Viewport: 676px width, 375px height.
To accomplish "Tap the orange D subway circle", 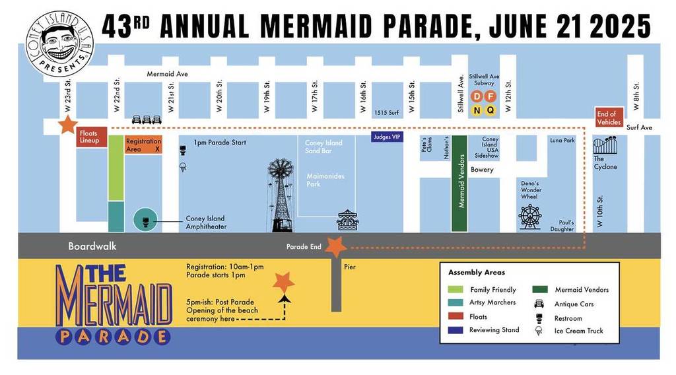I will [477, 96].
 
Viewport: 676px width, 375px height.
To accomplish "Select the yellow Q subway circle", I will [490, 110].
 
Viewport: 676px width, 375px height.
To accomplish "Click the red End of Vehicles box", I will [609, 117].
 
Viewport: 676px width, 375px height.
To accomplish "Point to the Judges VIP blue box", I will [387, 137].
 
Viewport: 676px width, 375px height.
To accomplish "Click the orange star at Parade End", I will [335, 247].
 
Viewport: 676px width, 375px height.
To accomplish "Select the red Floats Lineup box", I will [88, 137].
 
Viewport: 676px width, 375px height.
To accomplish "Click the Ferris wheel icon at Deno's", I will [529, 217].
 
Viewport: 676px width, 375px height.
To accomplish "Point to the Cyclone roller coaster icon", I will [605, 146].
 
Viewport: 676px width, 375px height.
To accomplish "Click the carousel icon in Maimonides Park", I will [347, 220].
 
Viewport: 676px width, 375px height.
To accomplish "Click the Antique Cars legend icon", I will [539, 304].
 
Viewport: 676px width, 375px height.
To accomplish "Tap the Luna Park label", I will [562, 141].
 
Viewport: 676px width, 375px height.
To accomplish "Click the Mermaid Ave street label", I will [167, 74].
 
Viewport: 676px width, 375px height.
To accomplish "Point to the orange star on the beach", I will [284, 283].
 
